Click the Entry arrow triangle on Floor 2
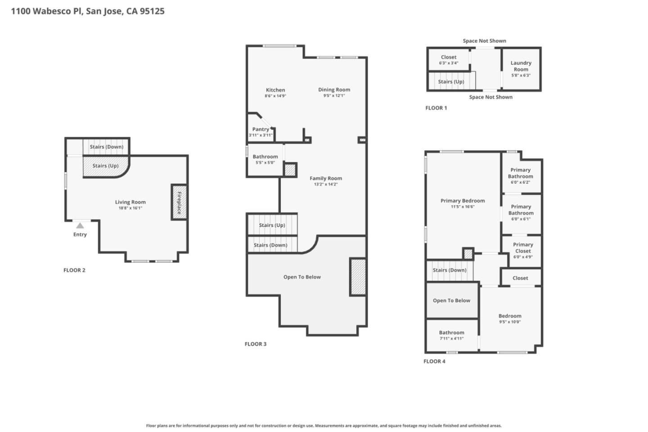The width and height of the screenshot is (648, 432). tap(80, 225)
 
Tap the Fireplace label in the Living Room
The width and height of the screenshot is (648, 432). tap(179, 202)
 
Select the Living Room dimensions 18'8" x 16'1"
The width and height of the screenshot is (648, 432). tap(130, 208)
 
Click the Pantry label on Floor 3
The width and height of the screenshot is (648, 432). tap(261, 129)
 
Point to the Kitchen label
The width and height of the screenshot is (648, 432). tap(275, 90)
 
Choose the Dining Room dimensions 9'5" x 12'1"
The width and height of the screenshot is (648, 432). tap(334, 96)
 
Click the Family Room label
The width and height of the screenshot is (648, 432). tap(326, 178)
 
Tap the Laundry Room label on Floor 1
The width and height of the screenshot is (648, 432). tap(521, 66)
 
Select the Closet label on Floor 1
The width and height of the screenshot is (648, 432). tap(449, 57)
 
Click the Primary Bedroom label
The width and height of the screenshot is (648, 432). tap(463, 201)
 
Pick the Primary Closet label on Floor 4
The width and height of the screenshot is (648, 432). tap(523, 248)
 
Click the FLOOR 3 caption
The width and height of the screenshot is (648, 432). tap(255, 344)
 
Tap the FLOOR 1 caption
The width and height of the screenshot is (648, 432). tap(436, 108)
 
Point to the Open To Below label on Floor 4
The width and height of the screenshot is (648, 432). tap(451, 301)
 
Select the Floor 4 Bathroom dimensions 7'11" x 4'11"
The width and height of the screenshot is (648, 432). tap(451, 339)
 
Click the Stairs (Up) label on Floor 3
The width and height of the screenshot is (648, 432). tap(272, 225)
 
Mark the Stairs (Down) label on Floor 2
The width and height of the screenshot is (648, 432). tap(106, 147)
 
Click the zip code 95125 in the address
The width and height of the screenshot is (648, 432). tap(152, 11)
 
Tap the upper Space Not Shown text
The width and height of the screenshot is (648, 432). tap(484, 41)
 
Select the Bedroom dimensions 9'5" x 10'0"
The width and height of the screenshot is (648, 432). tap(509, 322)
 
